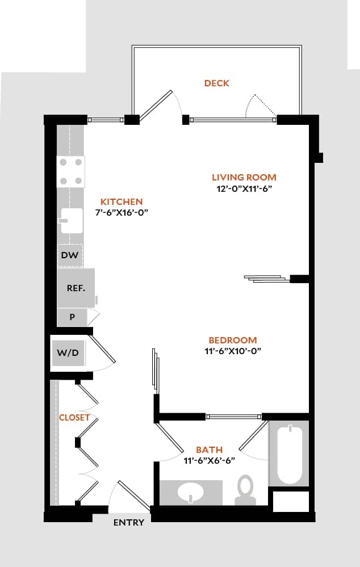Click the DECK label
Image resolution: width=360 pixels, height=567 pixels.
pos(217,83)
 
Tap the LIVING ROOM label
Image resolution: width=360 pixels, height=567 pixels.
pos(244,178)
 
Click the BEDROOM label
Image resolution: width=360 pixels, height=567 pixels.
pos(233,340)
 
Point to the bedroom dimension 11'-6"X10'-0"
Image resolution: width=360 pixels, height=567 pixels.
pos(233,351)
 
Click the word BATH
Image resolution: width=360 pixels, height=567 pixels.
pos(209,450)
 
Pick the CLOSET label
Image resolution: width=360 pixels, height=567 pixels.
pos(74,417)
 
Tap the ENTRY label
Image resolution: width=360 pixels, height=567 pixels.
pos(129,523)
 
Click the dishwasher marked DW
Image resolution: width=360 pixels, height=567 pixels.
pos(70,255)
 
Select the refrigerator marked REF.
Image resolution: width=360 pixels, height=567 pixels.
pos(76,288)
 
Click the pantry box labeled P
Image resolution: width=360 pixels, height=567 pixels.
pos(72,317)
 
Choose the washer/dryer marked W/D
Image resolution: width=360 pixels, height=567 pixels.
pos(68,353)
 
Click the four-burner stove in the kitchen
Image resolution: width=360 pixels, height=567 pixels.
pos(71,172)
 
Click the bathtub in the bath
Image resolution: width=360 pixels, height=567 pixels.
pos(289,454)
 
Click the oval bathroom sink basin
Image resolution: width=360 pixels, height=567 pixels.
pos(191,492)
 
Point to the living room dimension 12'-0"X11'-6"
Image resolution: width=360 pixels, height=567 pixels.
pos(244,189)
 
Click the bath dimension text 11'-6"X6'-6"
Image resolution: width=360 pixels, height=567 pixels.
pos(209,460)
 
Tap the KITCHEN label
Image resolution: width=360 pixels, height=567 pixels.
pos(122,201)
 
